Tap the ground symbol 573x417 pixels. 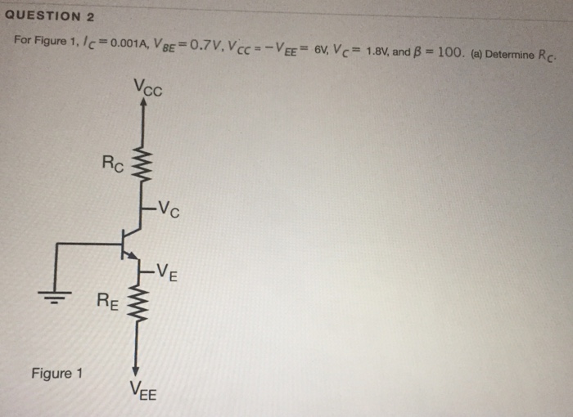pos(55,295)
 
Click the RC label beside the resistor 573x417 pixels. pos(114,163)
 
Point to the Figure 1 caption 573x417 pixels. pos(57,374)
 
